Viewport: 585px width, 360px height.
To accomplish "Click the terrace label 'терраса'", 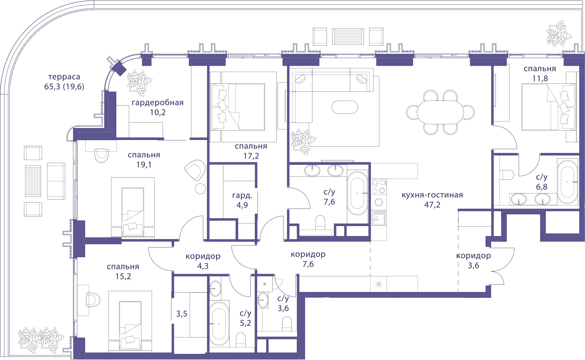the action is pyautogui.click(x=64, y=77).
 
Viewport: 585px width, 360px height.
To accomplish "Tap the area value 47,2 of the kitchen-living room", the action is pyautogui.click(x=432, y=205).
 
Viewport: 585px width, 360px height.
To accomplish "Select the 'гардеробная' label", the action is pyautogui.click(x=158, y=103).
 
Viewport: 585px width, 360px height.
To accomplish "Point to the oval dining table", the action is pyautogui.click(x=440, y=112).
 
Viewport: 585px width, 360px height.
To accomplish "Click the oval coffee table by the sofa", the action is pyautogui.click(x=344, y=107).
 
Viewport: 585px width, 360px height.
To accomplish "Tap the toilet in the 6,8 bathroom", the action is pyautogui.click(x=507, y=175).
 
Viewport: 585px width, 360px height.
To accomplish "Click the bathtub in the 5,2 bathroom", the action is pyautogui.click(x=219, y=324).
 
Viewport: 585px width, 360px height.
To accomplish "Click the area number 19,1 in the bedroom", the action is pyautogui.click(x=144, y=165).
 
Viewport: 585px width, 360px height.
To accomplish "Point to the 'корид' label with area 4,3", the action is pyautogui.click(x=203, y=256).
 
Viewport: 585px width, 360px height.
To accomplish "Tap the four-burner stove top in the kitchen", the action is pyautogui.click(x=379, y=187).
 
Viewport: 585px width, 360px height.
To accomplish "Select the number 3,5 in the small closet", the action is pyautogui.click(x=182, y=314).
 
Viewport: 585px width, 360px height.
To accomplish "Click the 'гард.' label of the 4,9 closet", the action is pyautogui.click(x=242, y=195).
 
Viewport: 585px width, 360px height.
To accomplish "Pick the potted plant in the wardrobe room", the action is pyautogui.click(x=139, y=83).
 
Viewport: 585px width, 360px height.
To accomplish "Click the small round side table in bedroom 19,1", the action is pyautogui.click(x=200, y=189).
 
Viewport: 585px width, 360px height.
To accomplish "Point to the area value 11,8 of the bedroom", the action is pyautogui.click(x=540, y=78).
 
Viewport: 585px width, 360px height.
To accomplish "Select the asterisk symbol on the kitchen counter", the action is pyautogui.click(x=378, y=284).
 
